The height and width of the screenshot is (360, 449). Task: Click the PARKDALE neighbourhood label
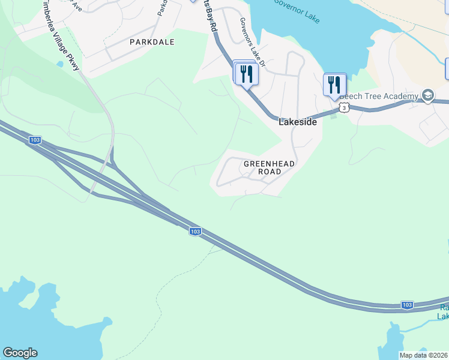coord(152,42)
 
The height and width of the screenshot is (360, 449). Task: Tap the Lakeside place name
coord(297,121)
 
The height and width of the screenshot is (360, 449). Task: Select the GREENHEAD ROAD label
coord(262,167)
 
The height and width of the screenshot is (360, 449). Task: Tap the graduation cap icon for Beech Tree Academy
coord(428,95)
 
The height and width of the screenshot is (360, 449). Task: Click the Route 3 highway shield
coord(343,107)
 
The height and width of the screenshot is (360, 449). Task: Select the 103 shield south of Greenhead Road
coord(194,231)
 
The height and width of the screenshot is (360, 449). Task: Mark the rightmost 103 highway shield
coord(407,305)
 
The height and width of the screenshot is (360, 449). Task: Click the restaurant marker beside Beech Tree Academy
coord(334,85)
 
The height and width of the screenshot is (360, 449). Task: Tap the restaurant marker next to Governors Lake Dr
coord(247,74)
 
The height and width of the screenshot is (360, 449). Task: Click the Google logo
coord(20,353)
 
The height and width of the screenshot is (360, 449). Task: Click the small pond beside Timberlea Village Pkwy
coord(60,63)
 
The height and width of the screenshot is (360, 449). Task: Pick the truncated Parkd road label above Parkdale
coord(161,7)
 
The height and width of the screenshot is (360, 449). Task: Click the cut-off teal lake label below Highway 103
coord(442,312)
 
